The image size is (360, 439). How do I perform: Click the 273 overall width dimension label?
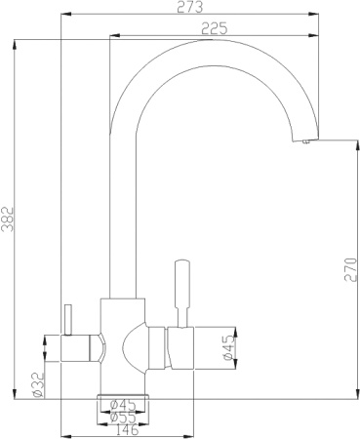click(x=190, y=9)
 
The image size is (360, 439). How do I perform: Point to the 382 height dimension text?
click(x=9, y=219)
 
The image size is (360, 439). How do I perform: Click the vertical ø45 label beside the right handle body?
click(x=227, y=349)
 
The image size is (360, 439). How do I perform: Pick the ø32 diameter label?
click(x=37, y=384)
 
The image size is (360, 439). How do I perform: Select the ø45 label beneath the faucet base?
click(x=122, y=404)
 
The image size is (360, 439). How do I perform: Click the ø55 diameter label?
click(x=122, y=416)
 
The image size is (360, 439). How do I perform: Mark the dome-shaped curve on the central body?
click(x=131, y=347)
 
